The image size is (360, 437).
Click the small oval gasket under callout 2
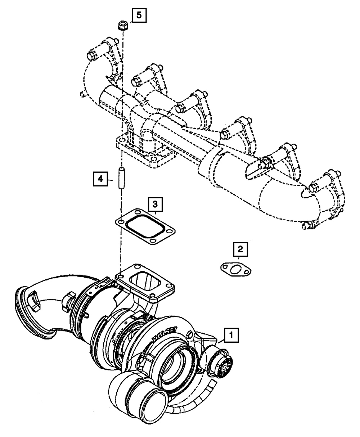[x=235, y=270]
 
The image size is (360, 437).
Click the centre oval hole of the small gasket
[x=235, y=270]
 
